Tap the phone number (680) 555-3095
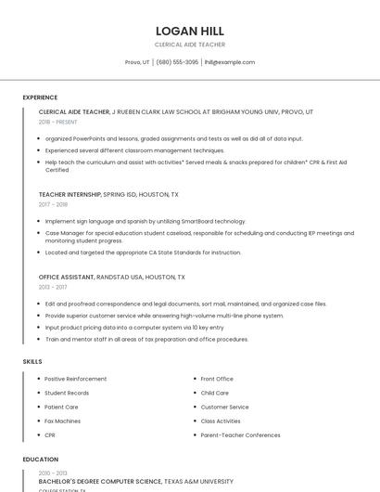tap(177, 62)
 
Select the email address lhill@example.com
tap(229, 62)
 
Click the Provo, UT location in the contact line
tap(137, 62)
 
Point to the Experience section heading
tap(40, 97)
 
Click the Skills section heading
tap(32, 361)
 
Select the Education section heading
tap(40, 460)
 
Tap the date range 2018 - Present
tap(57, 122)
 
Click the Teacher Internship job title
tap(70, 195)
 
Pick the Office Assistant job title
tap(67, 277)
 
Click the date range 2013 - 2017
tap(53, 287)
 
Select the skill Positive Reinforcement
tap(75, 379)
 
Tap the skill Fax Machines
tap(63, 421)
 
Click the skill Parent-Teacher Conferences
tap(240, 434)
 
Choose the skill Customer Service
tap(224, 407)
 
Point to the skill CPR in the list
tap(50, 434)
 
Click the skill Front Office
tap(217, 379)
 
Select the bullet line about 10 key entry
tap(133, 327)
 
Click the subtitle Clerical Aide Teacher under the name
tap(189, 44)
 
